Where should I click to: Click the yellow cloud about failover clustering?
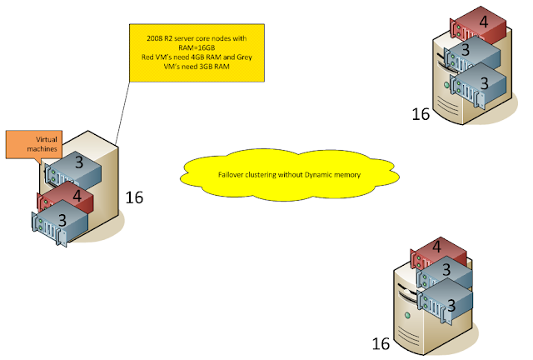click(x=289, y=174)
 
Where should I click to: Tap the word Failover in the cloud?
click(x=230, y=174)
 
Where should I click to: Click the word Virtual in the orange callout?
click(x=47, y=139)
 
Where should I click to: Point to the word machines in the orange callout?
click(x=42, y=148)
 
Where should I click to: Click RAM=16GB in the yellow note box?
click(x=197, y=47)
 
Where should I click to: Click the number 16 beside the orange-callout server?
click(x=134, y=197)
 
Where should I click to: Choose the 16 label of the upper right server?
click(x=421, y=114)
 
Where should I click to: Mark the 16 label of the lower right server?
click(x=381, y=343)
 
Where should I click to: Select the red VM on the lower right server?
click(x=439, y=252)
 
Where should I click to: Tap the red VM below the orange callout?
click(x=65, y=197)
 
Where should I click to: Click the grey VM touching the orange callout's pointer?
click(x=73, y=169)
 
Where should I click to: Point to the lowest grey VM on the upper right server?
click(x=478, y=86)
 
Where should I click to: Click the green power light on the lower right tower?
click(x=407, y=316)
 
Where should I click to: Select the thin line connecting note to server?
click(x=122, y=113)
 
